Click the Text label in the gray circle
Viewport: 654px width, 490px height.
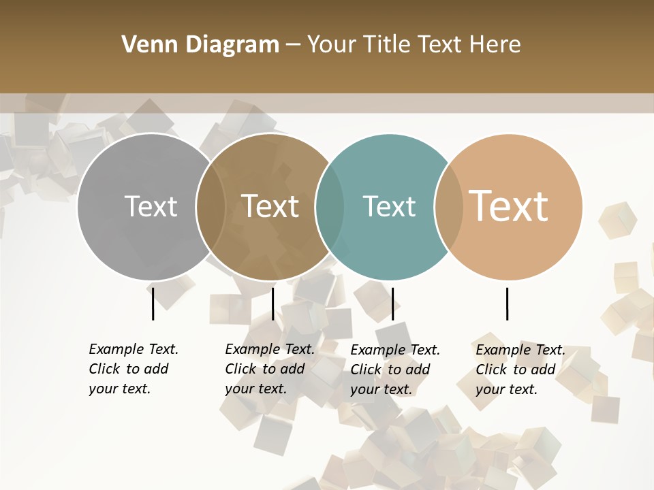point(151,206)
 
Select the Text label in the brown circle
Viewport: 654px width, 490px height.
point(270,206)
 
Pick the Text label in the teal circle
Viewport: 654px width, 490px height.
point(389,206)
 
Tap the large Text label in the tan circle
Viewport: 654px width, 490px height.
point(509,206)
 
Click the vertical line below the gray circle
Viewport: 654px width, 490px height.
point(153,304)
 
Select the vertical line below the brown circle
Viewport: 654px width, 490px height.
point(272,304)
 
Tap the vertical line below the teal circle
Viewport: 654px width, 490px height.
point(392,304)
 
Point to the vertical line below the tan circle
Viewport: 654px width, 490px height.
point(508,304)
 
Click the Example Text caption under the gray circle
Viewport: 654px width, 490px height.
point(133,369)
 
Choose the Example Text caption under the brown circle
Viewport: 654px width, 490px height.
point(269,369)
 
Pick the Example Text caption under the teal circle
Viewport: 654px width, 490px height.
point(394,370)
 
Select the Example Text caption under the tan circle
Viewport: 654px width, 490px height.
point(520,370)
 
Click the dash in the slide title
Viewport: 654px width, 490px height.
point(293,45)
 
